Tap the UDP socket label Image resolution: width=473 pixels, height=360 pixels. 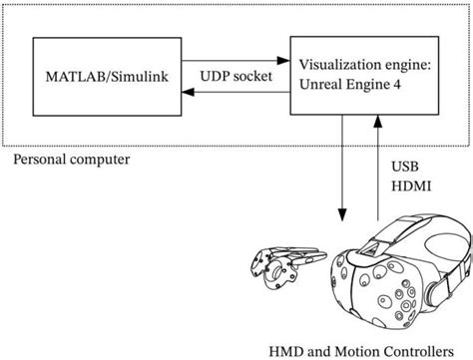click(236, 76)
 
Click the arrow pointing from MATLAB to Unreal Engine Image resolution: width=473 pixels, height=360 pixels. click(236, 58)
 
